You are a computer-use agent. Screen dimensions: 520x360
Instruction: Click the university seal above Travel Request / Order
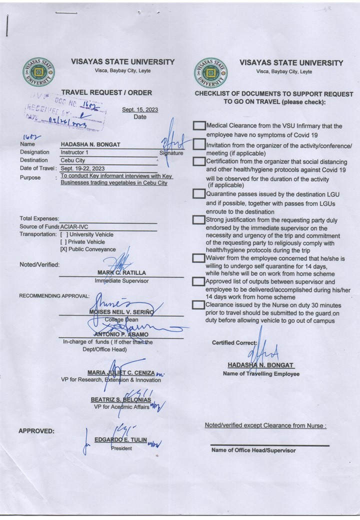pos(39,72)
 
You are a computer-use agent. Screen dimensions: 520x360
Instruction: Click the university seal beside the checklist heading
pos(210,72)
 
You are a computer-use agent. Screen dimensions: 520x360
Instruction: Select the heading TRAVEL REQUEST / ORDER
pos(106,92)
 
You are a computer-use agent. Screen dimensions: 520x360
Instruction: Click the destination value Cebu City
pos(73,160)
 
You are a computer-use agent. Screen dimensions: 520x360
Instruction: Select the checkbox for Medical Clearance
pos(199,126)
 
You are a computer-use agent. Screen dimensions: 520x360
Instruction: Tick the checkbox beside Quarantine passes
pos(199,194)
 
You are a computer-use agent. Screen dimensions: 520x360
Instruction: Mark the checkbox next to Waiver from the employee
pos(199,258)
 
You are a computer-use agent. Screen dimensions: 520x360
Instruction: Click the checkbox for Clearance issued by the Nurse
pos(199,305)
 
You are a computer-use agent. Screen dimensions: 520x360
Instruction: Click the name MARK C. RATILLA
pos(121,273)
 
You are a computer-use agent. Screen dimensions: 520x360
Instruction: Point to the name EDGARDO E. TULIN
pos(120,439)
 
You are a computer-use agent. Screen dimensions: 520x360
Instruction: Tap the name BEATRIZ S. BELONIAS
pos(120,399)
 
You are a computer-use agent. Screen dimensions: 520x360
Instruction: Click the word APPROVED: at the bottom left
pos(36,431)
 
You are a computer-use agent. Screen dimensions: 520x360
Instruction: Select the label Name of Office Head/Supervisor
pos(253,450)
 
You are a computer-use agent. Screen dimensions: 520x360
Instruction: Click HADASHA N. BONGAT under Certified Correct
pos(260,365)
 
